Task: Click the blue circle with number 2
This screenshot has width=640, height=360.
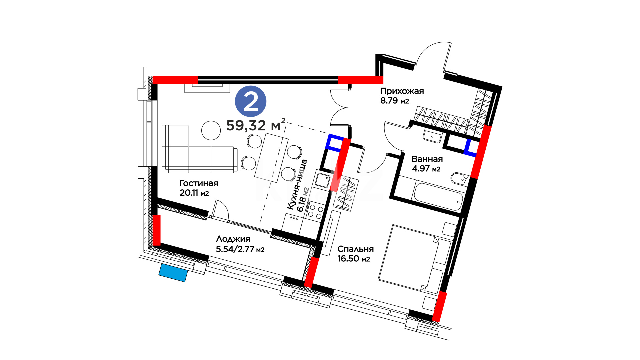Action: coord(251,101)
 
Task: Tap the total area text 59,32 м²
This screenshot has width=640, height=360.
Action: coord(256,125)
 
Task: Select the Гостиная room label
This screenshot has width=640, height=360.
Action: coord(199,183)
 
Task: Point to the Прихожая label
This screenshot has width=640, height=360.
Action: coord(402,91)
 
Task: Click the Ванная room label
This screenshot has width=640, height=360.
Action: coord(427,159)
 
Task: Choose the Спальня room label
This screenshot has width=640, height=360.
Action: coord(355,249)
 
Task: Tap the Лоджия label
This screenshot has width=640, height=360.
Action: coord(233,239)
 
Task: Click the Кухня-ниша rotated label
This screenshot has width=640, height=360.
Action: coord(297,185)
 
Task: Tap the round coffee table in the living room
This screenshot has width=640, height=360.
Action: coord(211,130)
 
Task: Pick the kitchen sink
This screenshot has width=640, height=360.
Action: coord(322,180)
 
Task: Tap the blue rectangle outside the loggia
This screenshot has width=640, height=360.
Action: coord(173,273)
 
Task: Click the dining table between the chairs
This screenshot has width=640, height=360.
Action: coord(271,157)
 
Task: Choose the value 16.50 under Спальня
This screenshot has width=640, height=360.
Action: coord(348,259)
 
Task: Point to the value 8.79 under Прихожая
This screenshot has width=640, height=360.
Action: coord(389,101)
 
